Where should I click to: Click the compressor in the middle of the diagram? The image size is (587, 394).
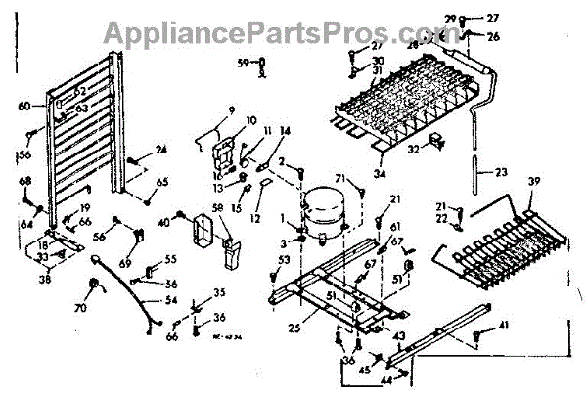coord(323,209)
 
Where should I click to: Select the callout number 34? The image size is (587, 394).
coord(380,175)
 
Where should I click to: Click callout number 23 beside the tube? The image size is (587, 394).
coord(501,172)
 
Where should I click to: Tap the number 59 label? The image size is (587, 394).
coord(243,64)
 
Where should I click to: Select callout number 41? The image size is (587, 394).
coord(503,325)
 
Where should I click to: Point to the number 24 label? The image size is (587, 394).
coord(161,150)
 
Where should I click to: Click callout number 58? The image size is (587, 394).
coord(218,209)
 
